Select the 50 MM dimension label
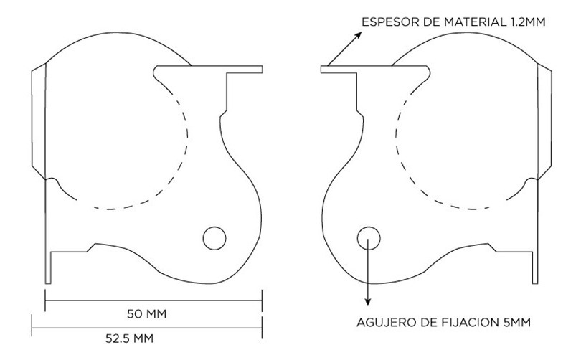click(x=147, y=314)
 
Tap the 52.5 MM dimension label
click(x=129, y=338)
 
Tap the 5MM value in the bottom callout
click(x=517, y=323)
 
